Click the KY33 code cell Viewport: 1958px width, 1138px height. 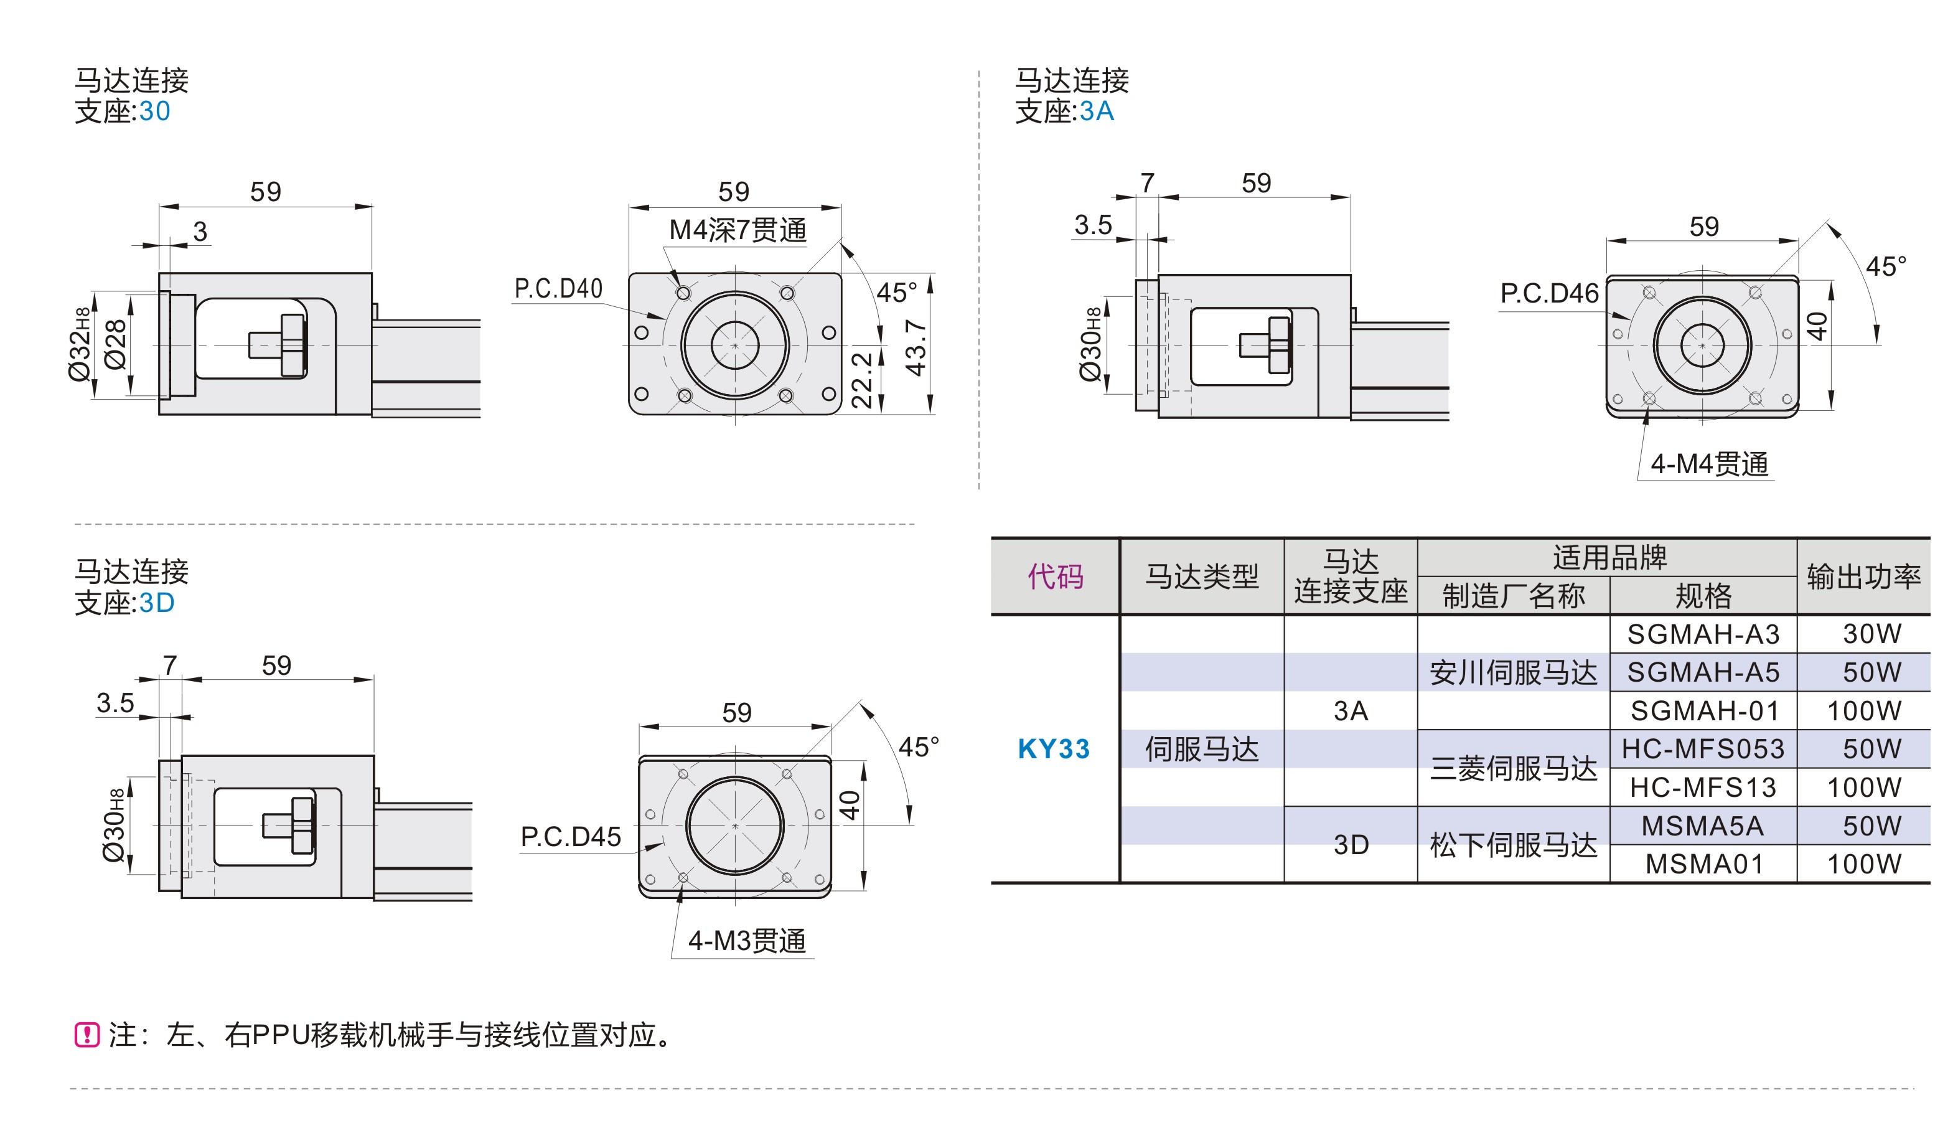1054,748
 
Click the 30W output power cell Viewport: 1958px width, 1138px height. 1871,634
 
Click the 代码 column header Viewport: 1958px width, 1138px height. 1054,576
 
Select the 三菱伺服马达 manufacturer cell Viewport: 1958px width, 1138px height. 1513,768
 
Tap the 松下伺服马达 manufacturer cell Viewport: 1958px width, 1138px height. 1513,845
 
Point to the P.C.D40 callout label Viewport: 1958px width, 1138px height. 558,289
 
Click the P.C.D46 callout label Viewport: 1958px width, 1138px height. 1548,294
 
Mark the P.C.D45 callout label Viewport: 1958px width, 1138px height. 570,837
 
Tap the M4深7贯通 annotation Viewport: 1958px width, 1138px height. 738,230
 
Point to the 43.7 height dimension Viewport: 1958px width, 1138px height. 916,347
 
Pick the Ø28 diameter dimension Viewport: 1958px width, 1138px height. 115,344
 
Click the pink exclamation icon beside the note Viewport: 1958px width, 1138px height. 87,1035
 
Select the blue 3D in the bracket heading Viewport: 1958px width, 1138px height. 157,603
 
